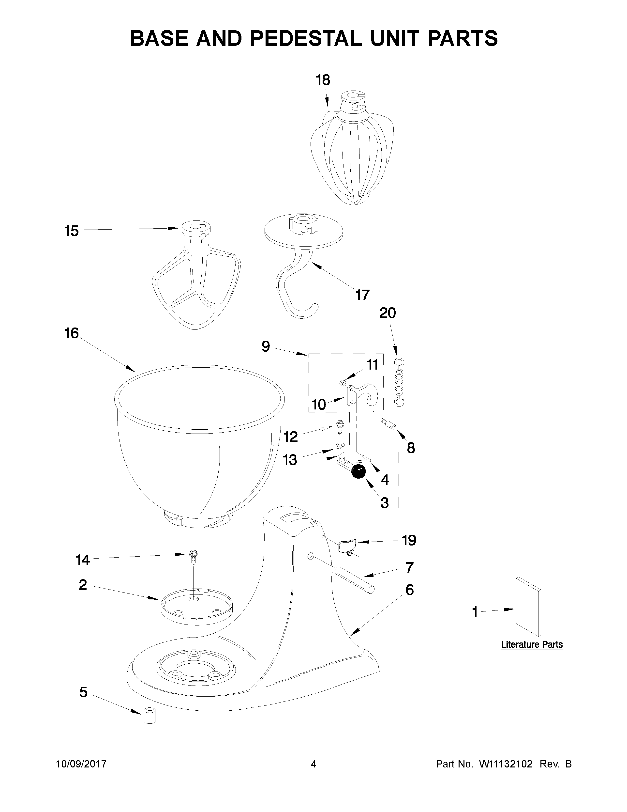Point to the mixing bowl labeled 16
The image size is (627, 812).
(199, 446)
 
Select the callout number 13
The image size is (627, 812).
(290, 460)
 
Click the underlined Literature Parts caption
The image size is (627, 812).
(532, 644)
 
